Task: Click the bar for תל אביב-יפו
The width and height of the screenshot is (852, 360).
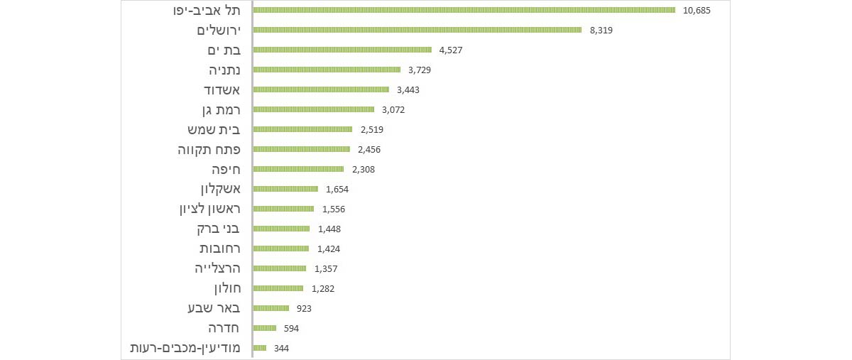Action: pos(464,10)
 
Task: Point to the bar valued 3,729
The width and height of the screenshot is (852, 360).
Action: pos(327,70)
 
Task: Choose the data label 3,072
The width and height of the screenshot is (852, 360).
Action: pos(393,109)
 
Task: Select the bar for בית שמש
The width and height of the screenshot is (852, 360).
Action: pos(302,129)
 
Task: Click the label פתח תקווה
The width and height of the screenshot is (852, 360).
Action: pos(209,149)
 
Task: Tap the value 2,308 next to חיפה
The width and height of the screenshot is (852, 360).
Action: pos(363,169)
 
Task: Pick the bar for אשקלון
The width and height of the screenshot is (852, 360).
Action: pos(285,189)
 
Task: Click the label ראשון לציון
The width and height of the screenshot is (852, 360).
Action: pos(210,209)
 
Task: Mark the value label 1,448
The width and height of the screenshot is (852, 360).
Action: pos(329,229)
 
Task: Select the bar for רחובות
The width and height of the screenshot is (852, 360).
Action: pos(281,249)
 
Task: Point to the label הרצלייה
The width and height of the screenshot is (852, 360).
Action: pos(218,268)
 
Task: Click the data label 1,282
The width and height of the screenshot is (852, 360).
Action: pos(322,288)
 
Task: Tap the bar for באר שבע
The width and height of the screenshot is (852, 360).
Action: pos(271,308)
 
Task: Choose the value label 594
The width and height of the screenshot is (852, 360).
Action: pos(291,328)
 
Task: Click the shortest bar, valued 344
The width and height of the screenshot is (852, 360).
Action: pos(260,348)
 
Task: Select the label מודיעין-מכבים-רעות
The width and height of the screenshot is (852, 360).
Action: pos(187,348)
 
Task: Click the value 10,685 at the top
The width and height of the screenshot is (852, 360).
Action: pos(697,10)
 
